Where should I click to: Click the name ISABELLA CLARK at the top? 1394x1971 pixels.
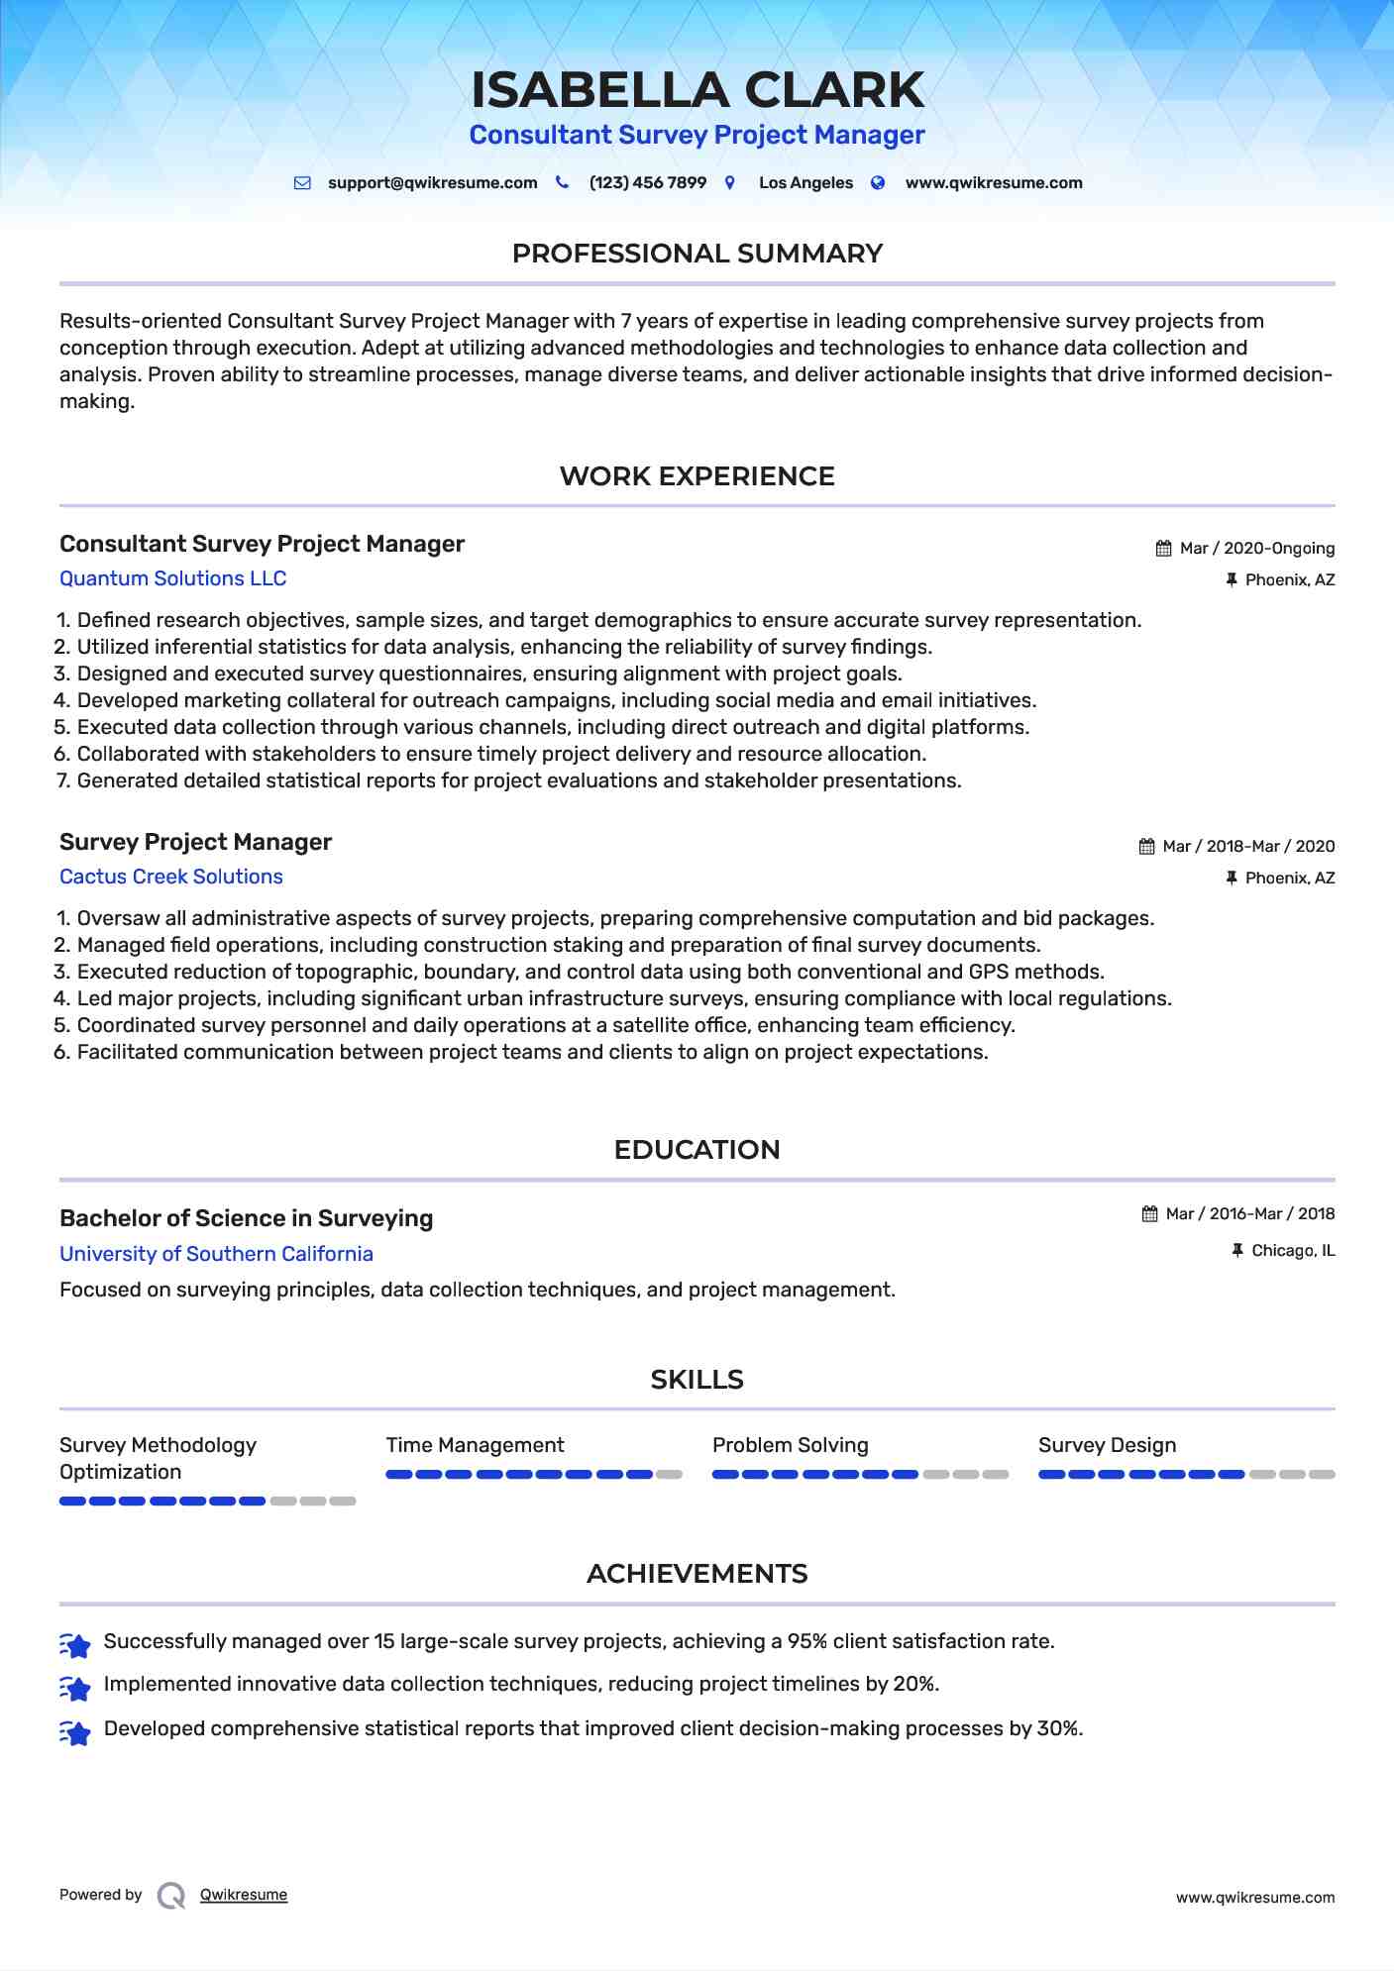click(x=697, y=90)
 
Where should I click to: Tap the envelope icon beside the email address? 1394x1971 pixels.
click(x=302, y=183)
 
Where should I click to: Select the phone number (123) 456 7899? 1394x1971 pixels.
click(x=647, y=183)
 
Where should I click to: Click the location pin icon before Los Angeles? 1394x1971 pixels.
click(x=730, y=183)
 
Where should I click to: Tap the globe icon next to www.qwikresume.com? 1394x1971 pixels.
click(x=878, y=183)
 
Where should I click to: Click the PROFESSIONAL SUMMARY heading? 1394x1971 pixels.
click(x=697, y=254)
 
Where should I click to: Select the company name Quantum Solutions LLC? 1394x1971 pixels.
click(x=172, y=578)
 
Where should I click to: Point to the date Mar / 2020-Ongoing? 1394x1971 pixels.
click(x=1256, y=549)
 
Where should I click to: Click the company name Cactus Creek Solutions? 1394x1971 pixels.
click(x=170, y=877)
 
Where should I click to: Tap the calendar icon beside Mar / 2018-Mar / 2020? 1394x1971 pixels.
click(x=1146, y=847)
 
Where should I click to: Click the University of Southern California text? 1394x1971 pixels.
click(x=216, y=1254)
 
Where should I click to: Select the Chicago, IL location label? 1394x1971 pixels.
click(x=1292, y=1251)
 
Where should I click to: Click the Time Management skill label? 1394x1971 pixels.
click(x=475, y=1445)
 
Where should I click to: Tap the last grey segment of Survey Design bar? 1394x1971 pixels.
click(x=1322, y=1475)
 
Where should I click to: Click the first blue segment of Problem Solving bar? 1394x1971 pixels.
click(x=725, y=1475)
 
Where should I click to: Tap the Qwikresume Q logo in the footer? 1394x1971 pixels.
click(x=170, y=1896)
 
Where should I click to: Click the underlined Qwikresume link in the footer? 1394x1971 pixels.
click(x=244, y=1895)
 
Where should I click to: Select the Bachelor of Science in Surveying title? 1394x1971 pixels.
click(x=246, y=1218)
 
